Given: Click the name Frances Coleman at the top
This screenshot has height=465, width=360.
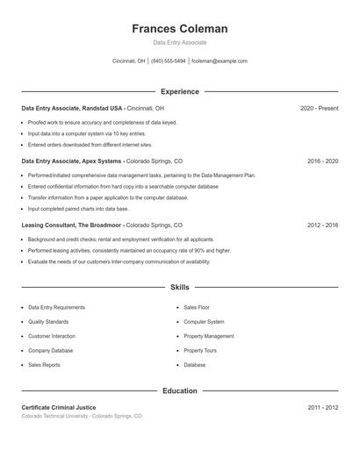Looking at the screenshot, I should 179,28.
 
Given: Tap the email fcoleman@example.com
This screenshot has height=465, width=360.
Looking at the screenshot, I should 219,61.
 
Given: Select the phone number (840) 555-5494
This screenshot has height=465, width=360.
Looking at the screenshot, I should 169,61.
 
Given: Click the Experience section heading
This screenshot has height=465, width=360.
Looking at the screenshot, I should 179,91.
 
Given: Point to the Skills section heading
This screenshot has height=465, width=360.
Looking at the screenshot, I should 179,287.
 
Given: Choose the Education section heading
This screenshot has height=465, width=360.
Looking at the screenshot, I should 179,390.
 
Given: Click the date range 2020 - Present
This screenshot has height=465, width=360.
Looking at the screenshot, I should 319,108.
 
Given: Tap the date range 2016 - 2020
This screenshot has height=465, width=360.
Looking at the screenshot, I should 322,161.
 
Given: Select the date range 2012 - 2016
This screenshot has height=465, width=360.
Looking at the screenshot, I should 322,225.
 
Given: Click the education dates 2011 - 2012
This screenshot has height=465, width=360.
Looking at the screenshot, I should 322,408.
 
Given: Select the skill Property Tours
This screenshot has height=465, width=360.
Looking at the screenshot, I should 200,350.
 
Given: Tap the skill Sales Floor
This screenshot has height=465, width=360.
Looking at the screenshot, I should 196,308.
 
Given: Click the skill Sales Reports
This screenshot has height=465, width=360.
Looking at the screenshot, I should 45,364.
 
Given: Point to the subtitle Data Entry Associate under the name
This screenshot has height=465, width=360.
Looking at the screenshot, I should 179,42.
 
